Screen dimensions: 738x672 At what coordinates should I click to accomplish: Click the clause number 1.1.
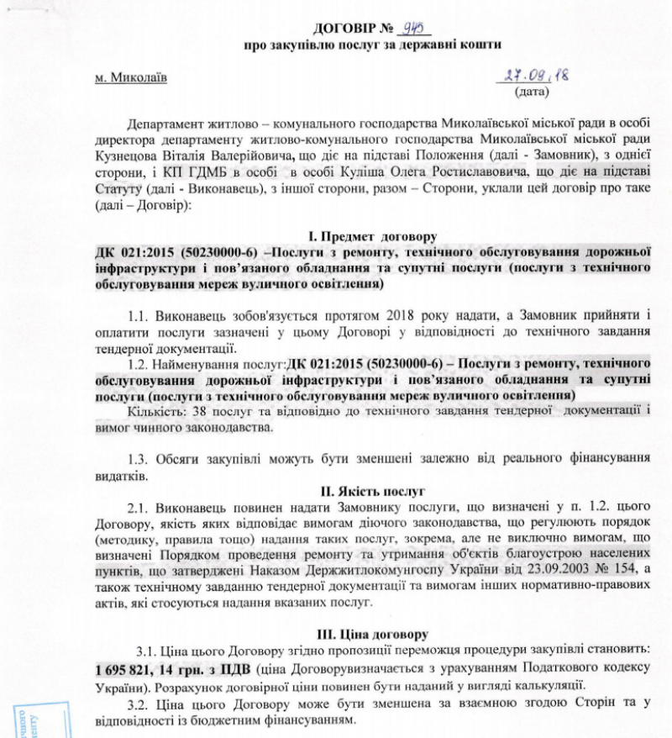pos(139,315)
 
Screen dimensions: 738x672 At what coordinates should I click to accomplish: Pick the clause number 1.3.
pos(139,459)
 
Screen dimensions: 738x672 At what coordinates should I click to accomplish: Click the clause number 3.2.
pos(139,704)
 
